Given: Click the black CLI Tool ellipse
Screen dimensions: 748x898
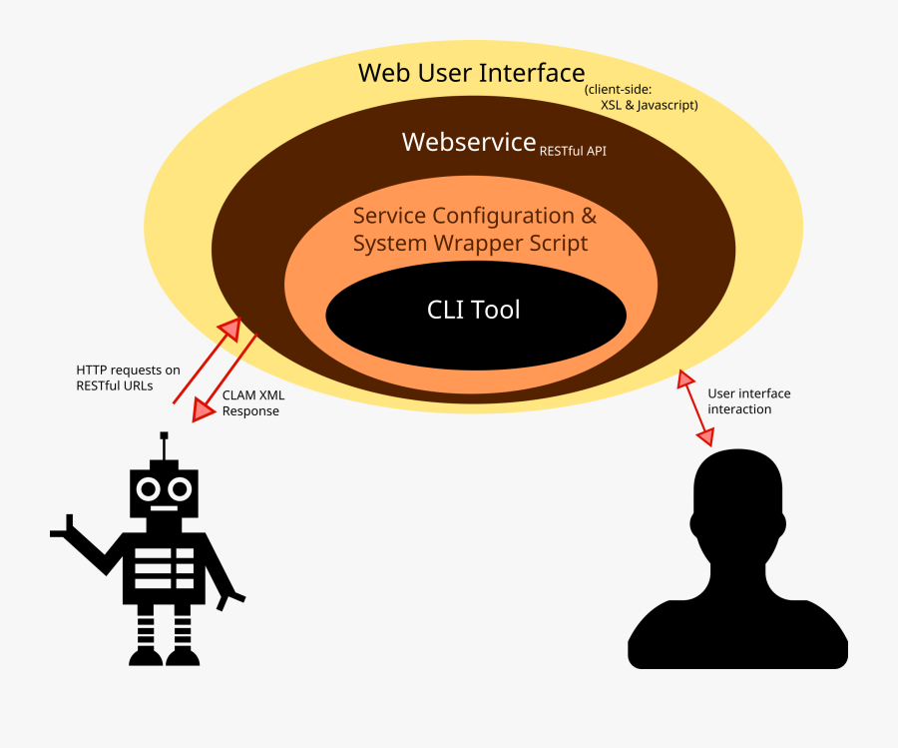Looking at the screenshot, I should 476,312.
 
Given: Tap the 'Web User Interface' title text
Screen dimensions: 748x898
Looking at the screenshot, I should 471,73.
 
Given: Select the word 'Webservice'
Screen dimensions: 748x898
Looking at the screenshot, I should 469,143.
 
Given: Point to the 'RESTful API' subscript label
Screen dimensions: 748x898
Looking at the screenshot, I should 573,152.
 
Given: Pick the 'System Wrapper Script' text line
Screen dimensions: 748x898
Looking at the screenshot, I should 470,243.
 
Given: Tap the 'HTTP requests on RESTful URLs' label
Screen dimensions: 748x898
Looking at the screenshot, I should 128,377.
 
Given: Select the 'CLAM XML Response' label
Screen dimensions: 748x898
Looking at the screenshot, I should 252,402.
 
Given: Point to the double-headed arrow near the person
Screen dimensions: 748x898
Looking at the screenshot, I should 696,407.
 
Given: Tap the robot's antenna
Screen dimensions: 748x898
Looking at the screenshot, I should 164,445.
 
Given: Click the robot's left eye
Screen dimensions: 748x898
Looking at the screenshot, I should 149,489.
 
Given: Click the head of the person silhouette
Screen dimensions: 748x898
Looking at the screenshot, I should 738,499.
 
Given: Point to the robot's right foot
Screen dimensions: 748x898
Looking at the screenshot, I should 183,655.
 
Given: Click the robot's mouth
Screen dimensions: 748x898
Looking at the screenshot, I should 164,508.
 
